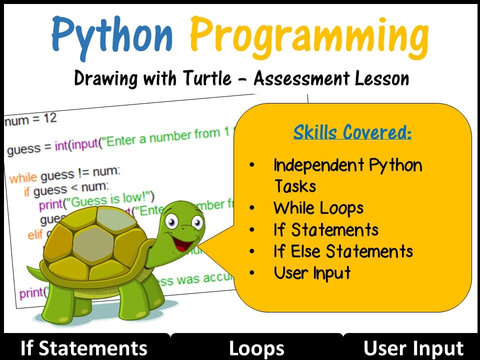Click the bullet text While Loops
[318, 208]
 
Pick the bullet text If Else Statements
[343, 251]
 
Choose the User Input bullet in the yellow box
[312, 273]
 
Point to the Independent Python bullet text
[347, 165]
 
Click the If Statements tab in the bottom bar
[83, 348]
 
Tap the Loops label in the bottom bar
[256, 348]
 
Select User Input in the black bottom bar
[413, 348]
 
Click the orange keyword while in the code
[23, 177]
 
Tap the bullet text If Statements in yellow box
[326, 229]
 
